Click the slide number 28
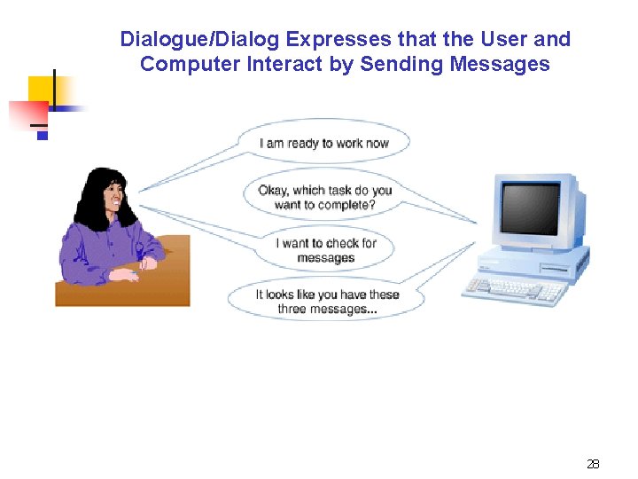(593, 464)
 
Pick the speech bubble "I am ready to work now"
(324, 143)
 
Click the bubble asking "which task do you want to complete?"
(324, 197)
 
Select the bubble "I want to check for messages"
(326, 250)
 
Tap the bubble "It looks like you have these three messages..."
(326, 302)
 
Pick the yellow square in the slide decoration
(42, 90)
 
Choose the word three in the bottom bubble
(295, 309)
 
